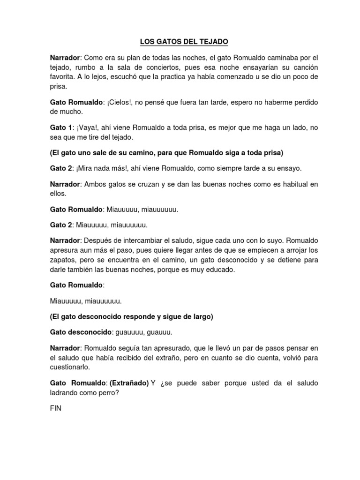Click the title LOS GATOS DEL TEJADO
[184, 42]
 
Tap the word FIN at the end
[55, 408]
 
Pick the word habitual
[293, 185]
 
